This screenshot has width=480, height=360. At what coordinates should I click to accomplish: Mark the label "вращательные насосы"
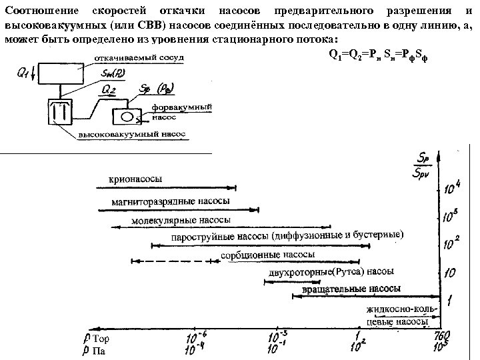(351, 289)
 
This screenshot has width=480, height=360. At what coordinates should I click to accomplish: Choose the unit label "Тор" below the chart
(99, 340)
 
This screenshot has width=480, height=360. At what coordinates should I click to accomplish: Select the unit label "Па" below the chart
(98, 351)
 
